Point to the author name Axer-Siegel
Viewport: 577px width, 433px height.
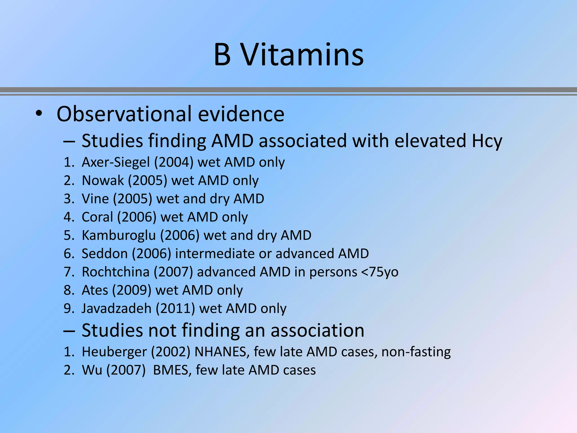[116, 162]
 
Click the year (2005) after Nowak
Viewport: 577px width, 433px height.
[148, 181]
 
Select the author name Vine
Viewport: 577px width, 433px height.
[95, 199]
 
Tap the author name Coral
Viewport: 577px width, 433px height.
[97, 217]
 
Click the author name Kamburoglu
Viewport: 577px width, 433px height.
[119, 235]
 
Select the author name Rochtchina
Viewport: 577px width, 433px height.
[116, 272]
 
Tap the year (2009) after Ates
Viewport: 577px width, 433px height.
[132, 290]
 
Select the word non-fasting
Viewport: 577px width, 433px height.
[416, 352]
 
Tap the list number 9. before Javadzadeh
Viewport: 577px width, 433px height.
[69, 308]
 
